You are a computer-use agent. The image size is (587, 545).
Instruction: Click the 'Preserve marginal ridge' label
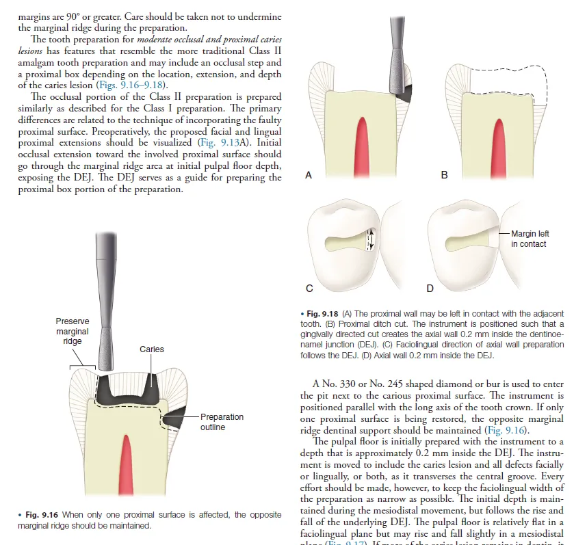73,331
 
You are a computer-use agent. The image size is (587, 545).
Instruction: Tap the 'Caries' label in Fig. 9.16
151,349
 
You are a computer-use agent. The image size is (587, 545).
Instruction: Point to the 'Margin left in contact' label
530,239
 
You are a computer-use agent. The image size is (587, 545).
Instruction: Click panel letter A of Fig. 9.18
309,176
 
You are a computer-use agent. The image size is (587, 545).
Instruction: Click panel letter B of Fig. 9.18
444,176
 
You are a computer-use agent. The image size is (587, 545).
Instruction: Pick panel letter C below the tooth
309,289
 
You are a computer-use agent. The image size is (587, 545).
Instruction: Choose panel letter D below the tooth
430,289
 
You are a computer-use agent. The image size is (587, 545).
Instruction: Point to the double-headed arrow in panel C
371,239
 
